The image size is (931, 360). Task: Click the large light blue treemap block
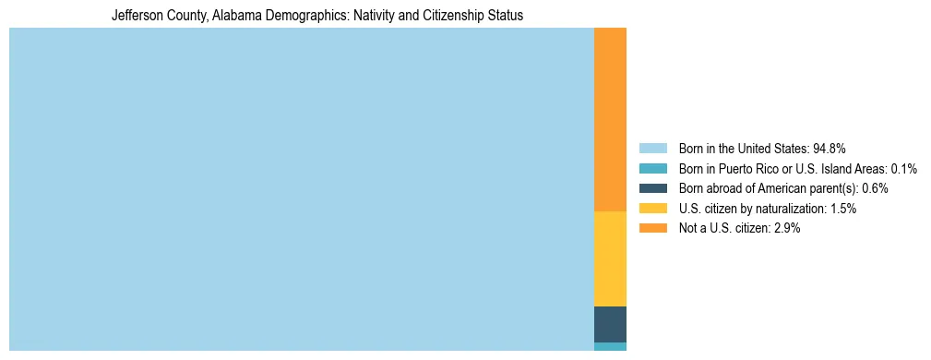click(301, 189)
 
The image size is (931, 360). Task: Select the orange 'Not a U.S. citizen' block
click(610, 120)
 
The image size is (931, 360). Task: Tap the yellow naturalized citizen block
click(610, 258)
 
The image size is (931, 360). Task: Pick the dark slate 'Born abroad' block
click(610, 324)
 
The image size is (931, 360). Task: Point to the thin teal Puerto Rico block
click(610, 347)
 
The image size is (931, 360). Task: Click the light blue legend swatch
click(652, 149)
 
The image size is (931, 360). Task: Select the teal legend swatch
click(652, 169)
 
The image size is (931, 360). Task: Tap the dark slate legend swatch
click(652, 188)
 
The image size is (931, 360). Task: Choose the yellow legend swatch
click(652, 209)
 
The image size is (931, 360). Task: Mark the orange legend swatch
click(652, 228)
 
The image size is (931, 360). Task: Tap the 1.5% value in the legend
click(842, 209)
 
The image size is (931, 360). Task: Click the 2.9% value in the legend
click(785, 228)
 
